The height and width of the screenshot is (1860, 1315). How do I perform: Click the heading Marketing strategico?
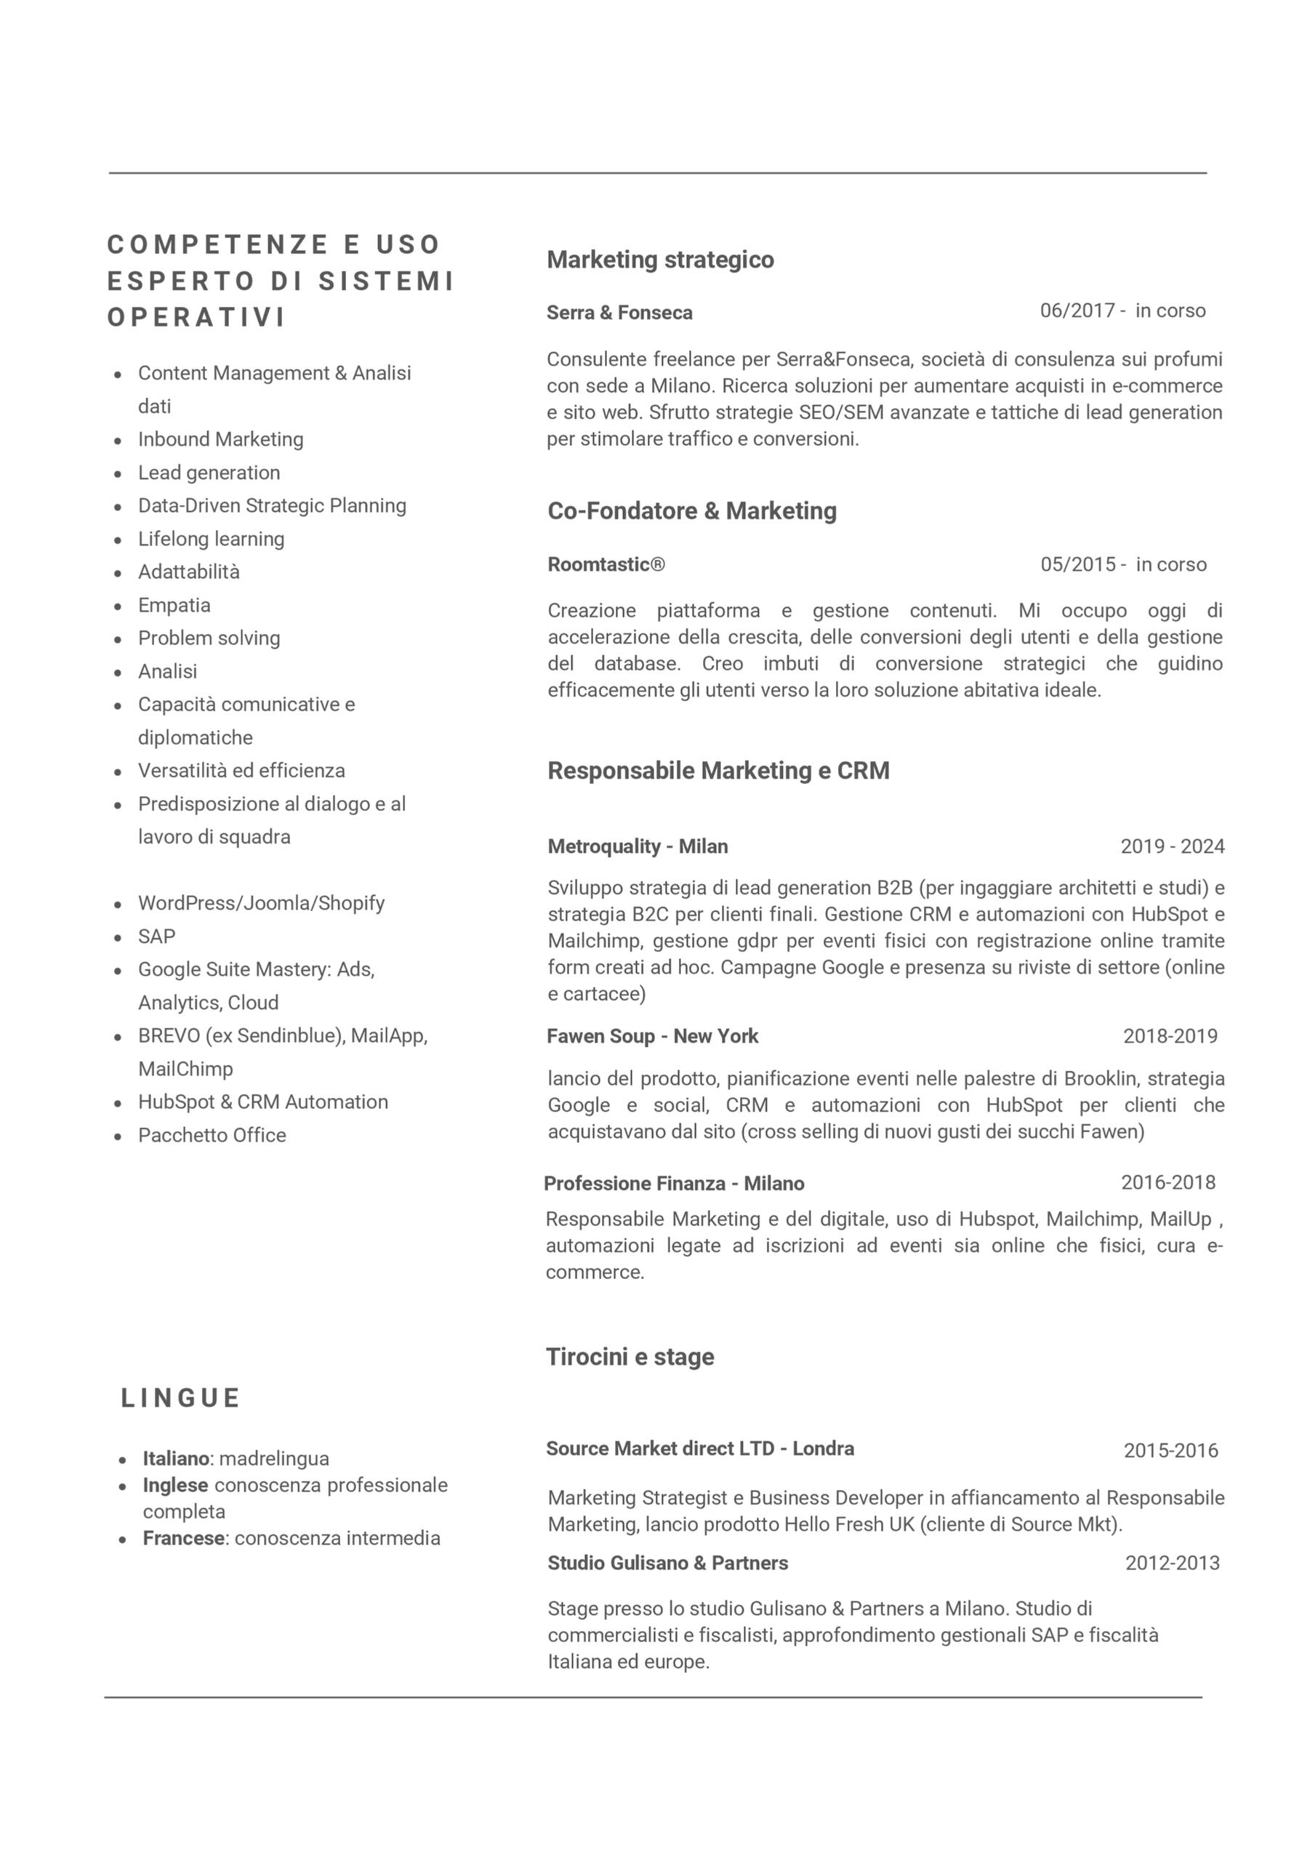660,260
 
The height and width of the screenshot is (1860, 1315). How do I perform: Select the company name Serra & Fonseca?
619,313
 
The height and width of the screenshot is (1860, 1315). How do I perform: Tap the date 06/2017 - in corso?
1122,311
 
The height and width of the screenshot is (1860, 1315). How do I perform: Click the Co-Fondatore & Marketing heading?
691,511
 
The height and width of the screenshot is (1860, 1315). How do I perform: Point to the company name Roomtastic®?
606,565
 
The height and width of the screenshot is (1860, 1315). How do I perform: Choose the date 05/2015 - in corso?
1123,565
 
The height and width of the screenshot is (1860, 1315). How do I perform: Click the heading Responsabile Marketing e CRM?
718,771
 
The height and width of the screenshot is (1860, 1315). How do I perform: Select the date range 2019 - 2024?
1172,846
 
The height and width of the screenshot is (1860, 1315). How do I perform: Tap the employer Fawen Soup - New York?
653,1036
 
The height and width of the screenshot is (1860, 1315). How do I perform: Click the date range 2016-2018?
1167,1183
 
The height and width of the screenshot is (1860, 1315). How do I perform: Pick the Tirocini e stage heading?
630,1357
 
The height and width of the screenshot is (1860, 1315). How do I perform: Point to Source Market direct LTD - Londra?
699,1448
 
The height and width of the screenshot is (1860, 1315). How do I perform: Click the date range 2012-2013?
1172,1563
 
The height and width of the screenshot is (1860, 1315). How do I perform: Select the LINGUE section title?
180,1398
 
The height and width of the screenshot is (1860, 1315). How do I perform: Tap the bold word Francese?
183,1539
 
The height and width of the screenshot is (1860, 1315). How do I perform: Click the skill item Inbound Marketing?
220,439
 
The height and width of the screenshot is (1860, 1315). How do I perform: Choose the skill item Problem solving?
209,638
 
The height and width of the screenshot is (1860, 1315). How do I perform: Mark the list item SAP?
156,937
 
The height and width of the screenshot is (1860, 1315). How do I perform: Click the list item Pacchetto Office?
212,1135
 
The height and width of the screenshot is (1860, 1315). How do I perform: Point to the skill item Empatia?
174,605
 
